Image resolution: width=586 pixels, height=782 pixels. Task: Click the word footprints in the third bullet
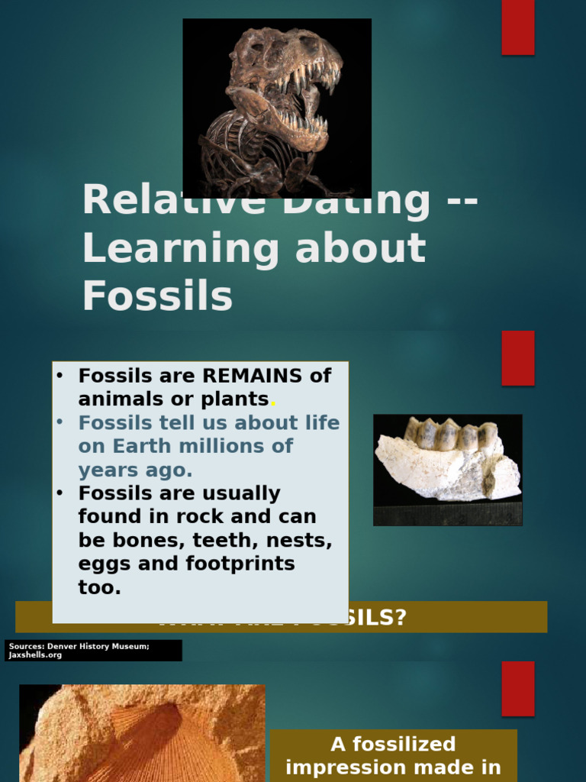pyautogui.click(x=240, y=564)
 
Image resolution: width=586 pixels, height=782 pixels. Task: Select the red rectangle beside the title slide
pyautogui.click(x=517, y=27)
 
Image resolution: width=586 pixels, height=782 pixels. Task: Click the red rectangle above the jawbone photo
pyautogui.click(x=517, y=358)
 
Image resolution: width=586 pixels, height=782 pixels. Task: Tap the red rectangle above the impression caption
pyautogui.click(x=517, y=688)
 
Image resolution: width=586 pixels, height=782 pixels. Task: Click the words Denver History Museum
pyautogui.click(x=98, y=647)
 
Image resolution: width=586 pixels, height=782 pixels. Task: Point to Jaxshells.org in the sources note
pyautogui.click(x=35, y=655)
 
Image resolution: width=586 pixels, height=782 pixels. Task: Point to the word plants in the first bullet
pyautogui.click(x=237, y=399)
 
